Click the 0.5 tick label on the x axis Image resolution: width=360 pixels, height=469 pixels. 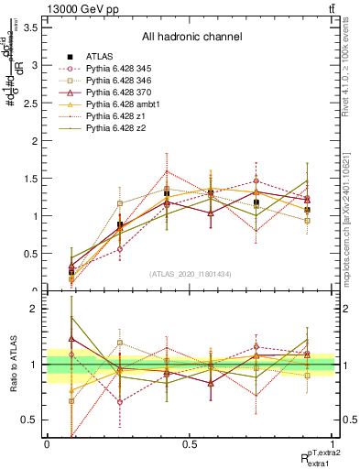pyautogui.click(x=190, y=444)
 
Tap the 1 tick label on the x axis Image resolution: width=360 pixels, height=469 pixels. pyautogui.click(x=334, y=444)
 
